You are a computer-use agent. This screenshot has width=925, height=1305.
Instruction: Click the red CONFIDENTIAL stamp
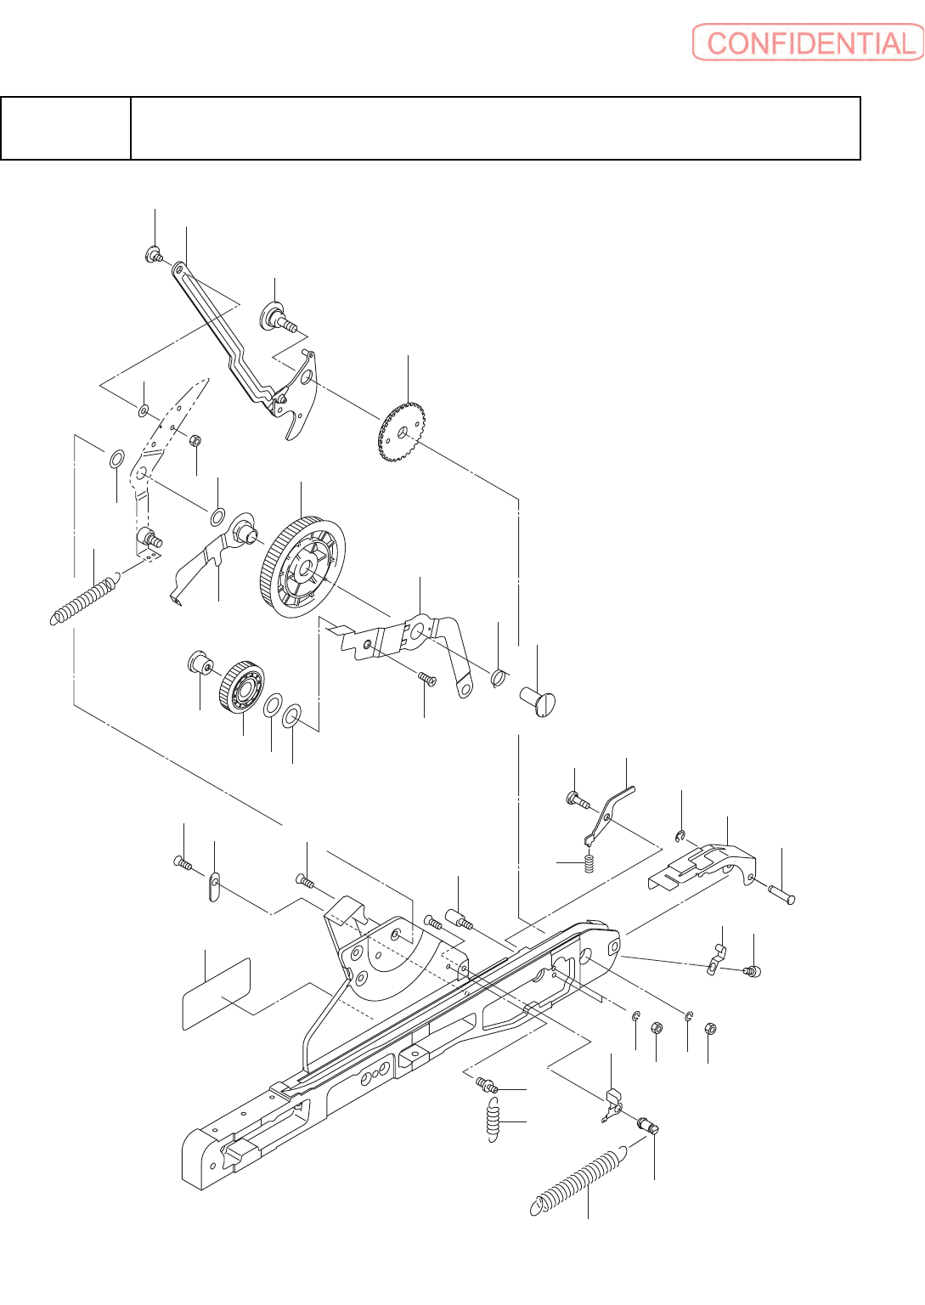(808, 42)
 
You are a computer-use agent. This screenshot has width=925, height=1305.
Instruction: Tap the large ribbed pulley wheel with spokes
(303, 567)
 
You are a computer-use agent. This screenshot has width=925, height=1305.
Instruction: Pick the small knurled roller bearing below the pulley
(242, 686)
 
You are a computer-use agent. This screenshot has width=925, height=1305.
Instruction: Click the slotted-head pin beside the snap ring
(538, 701)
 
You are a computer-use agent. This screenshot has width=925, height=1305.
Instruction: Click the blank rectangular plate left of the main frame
(217, 993)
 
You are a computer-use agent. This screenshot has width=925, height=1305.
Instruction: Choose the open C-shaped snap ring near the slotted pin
(499, 677)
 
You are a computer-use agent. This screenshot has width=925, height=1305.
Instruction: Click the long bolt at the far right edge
(782, 894)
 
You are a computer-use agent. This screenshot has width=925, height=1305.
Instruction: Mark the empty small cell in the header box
(65, 128)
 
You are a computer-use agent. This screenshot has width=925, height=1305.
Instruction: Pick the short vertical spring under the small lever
(587, 864)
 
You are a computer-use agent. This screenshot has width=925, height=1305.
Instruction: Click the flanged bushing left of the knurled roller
(200, 661)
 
